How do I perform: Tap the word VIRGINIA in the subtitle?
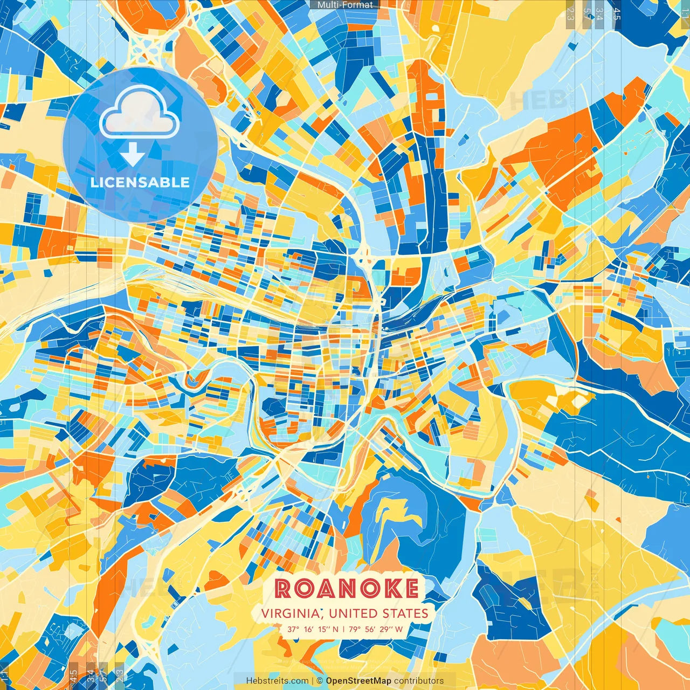click(290, 613)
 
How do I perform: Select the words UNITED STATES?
click(378, 613)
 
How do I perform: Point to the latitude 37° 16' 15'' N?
click(313, 629)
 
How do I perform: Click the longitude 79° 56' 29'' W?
click(375, 629)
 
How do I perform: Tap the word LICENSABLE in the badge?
click(140, 182)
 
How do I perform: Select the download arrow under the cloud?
click(133, 155)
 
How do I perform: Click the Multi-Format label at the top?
click(345, 5)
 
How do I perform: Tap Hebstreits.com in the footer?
click(277, 681)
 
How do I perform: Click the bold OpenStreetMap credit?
click(358, 681)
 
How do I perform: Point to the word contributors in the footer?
click(419, 681)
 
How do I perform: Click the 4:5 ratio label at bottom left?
click(73, 676)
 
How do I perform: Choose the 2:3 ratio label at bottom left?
click(120, 676)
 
